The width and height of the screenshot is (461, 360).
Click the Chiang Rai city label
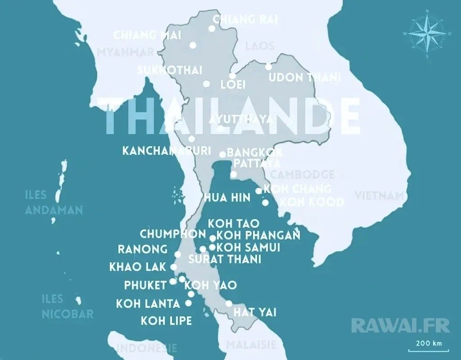click(245, 19)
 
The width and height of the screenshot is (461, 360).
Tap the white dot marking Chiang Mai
click(193, 45)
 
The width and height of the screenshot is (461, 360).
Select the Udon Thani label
click(304, 77)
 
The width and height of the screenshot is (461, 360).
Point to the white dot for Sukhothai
click(206, 84)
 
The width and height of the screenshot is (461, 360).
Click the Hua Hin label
click(227, 198)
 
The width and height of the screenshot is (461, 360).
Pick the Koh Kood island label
click(312, 202)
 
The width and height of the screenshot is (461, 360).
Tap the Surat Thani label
click(225, 259)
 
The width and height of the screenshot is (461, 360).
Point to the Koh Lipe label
click(166, 321)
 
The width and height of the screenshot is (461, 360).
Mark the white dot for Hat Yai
click(229, 303)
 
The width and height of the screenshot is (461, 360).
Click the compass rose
click(426, 34)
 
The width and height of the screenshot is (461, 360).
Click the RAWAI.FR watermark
click(394, 325)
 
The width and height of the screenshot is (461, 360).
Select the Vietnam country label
click(380, 196)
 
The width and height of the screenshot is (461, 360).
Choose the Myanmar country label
click(125, 52)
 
